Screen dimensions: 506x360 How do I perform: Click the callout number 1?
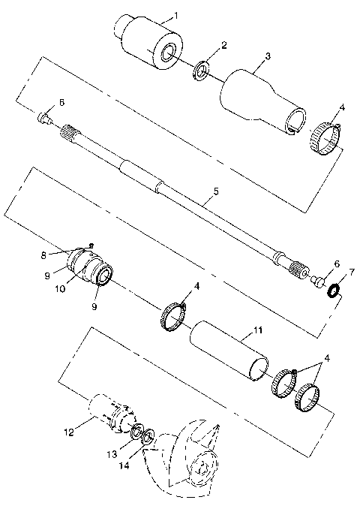(x=175, y=15)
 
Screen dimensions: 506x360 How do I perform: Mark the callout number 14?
(x=122, y=466)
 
